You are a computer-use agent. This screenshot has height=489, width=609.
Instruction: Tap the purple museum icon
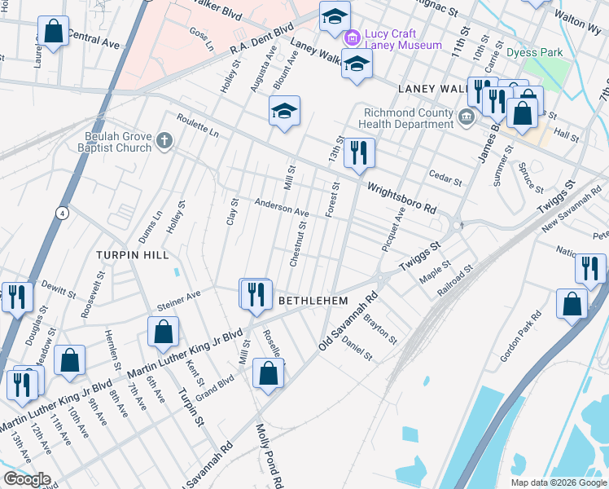353,37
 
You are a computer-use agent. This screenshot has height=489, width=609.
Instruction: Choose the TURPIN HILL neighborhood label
132,254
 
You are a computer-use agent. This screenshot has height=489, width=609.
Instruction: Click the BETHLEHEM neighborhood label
313,301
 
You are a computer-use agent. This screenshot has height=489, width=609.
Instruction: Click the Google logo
26,479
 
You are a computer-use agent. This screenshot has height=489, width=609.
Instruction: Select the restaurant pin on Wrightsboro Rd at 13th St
358,152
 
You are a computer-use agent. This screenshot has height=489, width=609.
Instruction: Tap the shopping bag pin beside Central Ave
53,32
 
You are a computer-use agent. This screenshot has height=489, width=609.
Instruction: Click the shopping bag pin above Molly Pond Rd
268,374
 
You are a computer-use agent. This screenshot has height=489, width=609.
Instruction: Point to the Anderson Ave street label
282,209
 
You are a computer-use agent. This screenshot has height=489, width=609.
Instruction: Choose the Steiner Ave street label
178,299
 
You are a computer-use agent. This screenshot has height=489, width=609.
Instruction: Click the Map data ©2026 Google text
558,482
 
